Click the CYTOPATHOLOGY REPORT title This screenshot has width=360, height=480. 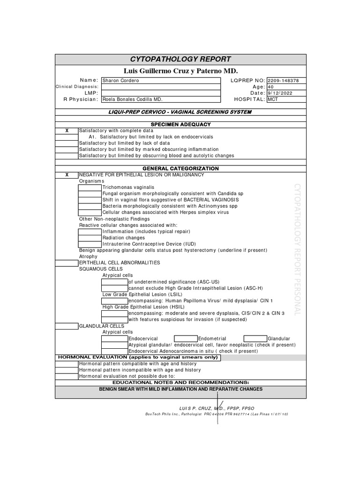[x=180, y=59]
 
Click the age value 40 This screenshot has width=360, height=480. [x=270, y=87]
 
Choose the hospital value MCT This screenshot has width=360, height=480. [x=272, y=99]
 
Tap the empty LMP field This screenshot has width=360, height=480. [x=160, y=93]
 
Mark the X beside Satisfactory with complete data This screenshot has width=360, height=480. [x=67, y=130]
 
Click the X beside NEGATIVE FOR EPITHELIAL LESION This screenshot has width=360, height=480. [x=67, y=174]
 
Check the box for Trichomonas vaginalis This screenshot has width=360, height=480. [x=90, y=187]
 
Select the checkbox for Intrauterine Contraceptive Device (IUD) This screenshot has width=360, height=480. [x=90, y=244]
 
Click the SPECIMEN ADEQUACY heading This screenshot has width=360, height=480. [x=180, y=124]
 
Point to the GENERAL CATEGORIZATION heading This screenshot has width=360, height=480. [x=180, y=168]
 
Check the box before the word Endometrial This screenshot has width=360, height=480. [x=186, y=338]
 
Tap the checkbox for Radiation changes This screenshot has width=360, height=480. [x=90, y=238]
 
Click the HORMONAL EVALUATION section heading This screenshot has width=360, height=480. [x=138, y=357]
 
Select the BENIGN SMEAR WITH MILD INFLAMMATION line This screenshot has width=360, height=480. [x=180, y=389]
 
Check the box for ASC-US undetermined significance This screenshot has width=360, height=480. [x=114, y=282]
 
